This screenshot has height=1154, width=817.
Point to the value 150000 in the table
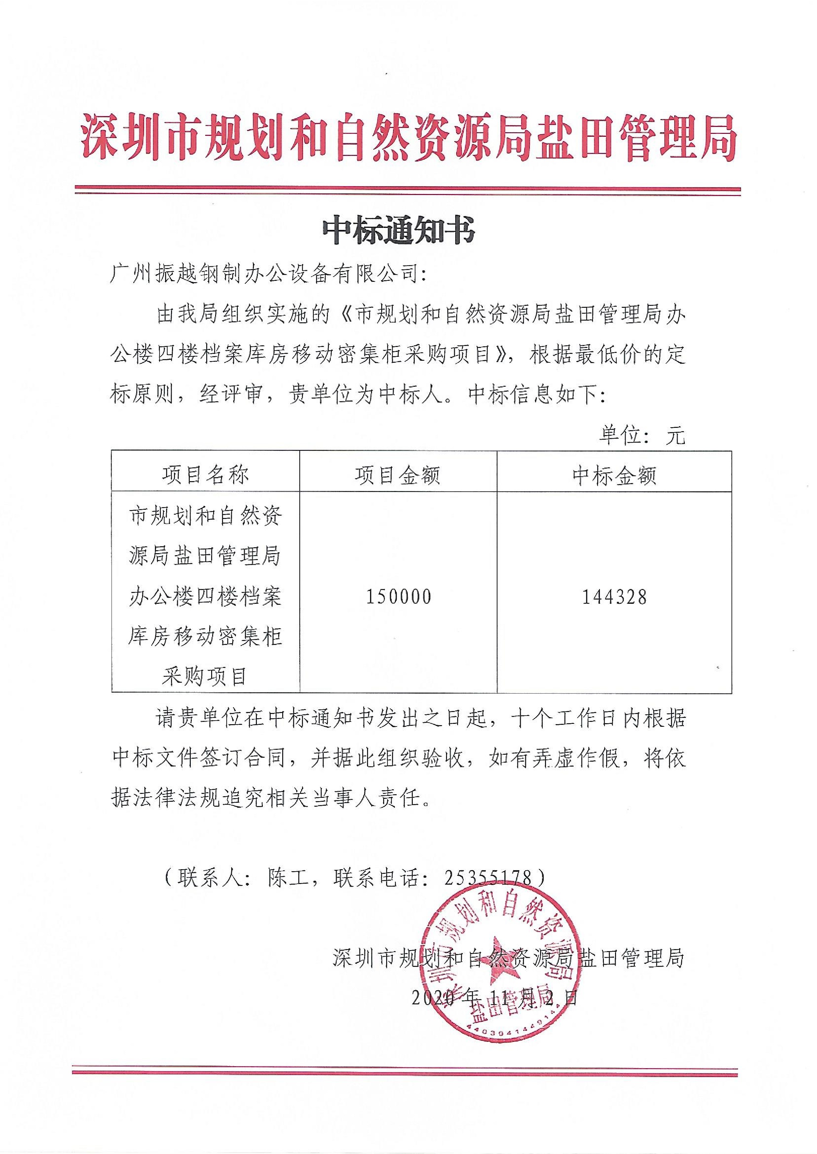click(x=398, y=597)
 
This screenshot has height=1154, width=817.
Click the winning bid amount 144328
click(x=614, y=597)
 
